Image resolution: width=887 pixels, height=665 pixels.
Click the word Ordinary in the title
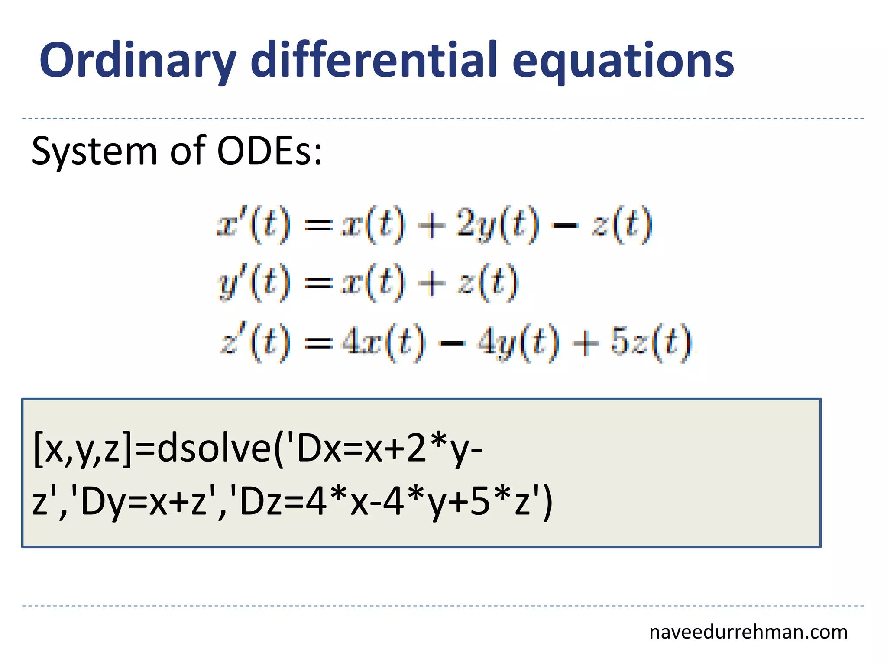coord(138,61)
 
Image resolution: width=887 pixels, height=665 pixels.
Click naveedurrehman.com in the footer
coord(748,632)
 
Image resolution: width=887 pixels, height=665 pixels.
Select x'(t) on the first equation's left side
coord(253,225)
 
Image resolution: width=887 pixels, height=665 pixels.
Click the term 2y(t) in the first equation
coord(498,225)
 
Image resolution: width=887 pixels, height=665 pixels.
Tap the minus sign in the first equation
coord(566,226)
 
